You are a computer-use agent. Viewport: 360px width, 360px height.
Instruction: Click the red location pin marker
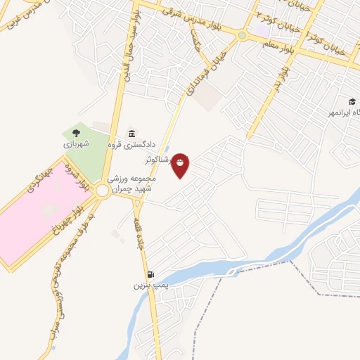click(x=181, y=165)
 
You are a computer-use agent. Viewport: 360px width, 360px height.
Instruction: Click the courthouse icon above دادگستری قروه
click(x=131, y=134)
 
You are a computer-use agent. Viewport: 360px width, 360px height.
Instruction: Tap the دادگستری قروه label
click(x=141, y=146)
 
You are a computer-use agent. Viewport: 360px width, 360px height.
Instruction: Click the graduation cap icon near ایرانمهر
click(x=352, y=102)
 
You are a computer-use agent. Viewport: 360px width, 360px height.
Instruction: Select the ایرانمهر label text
click(x=342, y=112)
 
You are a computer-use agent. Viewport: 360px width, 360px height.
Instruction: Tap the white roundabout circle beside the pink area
click(x=103, y=191)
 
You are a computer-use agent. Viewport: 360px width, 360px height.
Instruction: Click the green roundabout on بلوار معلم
click(x=242, y=35)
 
